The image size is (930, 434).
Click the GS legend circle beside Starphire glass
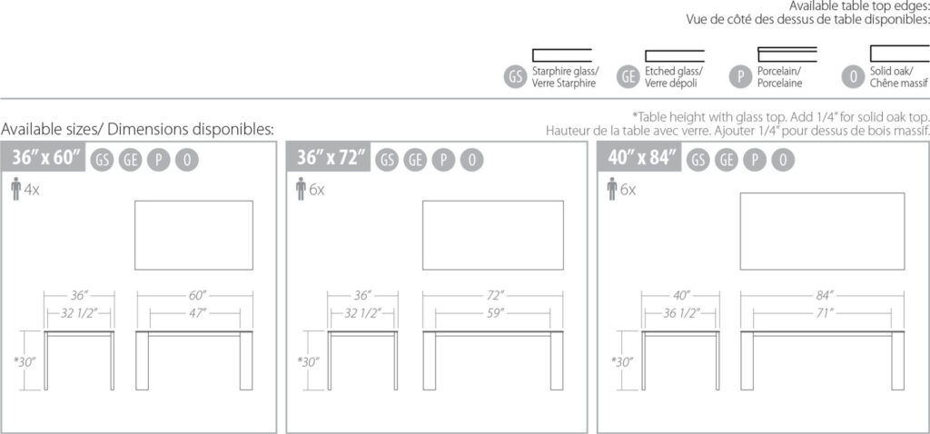[516, 76]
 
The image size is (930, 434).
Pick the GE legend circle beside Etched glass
[628, 76]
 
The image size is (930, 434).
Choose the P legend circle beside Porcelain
[741, 76]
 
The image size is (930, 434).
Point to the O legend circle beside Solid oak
[854, 76]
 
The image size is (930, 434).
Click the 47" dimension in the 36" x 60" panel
[197, 312]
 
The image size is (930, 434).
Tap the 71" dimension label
[821, 312]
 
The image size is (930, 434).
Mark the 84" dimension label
[824, 295]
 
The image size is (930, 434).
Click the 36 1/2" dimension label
[681, 312]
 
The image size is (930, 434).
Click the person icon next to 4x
[16, 190]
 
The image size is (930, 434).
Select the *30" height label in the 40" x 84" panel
[622, 361]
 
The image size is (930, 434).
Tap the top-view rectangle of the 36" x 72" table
[493, 235]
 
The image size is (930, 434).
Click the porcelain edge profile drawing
[787, 54]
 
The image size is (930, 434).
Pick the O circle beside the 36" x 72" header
[471, 160]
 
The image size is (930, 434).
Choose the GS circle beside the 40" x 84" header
[698, 160]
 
